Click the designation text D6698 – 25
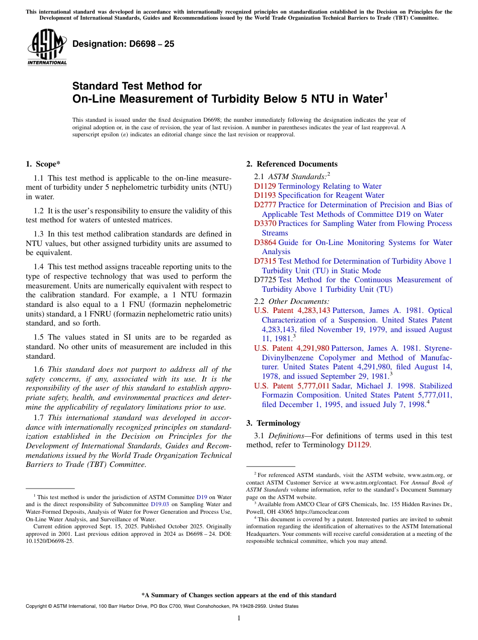tap(123, 44)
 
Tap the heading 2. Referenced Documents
tap(292, 164)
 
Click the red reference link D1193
tap(265, 195)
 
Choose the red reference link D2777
tap(265, 205)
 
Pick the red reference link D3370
tap(265, 223)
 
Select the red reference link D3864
tap(265, 243)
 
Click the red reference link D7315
tap(265, 261)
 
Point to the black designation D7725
tap(265, 280)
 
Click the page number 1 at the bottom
tap(239, 618)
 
